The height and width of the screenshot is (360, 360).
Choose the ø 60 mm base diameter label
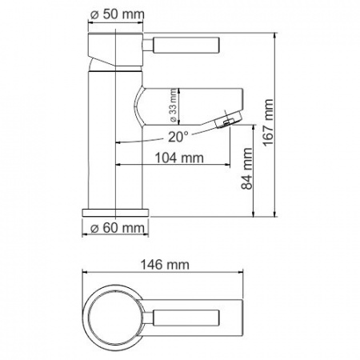118,229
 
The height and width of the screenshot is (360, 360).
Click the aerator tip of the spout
227,121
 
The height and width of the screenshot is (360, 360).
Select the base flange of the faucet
117,211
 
